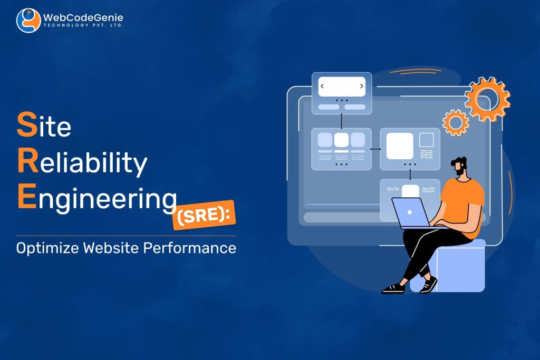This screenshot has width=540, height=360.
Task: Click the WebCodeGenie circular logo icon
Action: (28, 21)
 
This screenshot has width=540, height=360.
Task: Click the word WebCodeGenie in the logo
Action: (83, 17)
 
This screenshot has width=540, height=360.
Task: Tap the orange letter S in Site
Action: (27, 124)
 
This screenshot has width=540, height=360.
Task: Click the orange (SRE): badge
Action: (204, 215)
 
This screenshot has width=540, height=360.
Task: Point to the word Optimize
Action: (47, 248)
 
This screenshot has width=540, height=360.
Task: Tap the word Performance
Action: (190, 248)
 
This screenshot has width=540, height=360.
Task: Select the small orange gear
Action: (456, 122)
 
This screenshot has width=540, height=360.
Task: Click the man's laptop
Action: (413, 213)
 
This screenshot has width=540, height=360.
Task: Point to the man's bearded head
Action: (460, 167)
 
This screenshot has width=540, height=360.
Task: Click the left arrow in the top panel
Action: (322, 86)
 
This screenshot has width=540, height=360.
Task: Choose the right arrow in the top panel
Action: (362, 86)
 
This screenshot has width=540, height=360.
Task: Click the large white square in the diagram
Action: (400, 146)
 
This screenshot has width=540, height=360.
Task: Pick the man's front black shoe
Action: (393, 288)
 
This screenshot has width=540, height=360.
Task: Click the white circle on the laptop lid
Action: (409, 212)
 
